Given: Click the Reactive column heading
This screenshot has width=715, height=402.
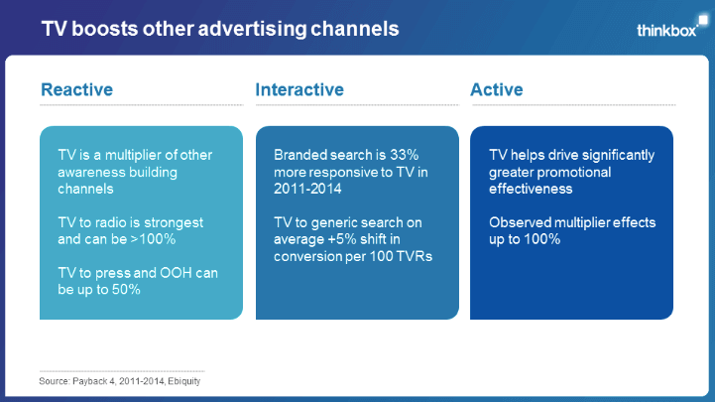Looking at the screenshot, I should (x=76, y=90).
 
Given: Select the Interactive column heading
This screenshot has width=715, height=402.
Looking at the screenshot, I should (x=299, y=90).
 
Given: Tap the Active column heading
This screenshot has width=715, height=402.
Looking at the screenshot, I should (x=497, y=90).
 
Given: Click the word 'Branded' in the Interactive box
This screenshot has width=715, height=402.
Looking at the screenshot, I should (x=301, y=155).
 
